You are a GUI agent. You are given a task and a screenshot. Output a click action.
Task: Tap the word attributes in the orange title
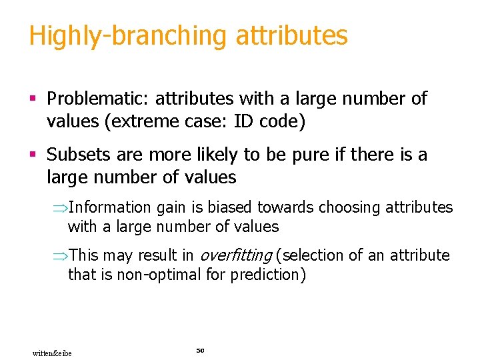(x=291, y=36)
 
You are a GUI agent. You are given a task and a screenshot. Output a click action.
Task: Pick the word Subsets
(x=76, y=155)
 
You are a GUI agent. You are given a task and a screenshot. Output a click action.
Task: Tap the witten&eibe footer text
(x=52, y=353)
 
